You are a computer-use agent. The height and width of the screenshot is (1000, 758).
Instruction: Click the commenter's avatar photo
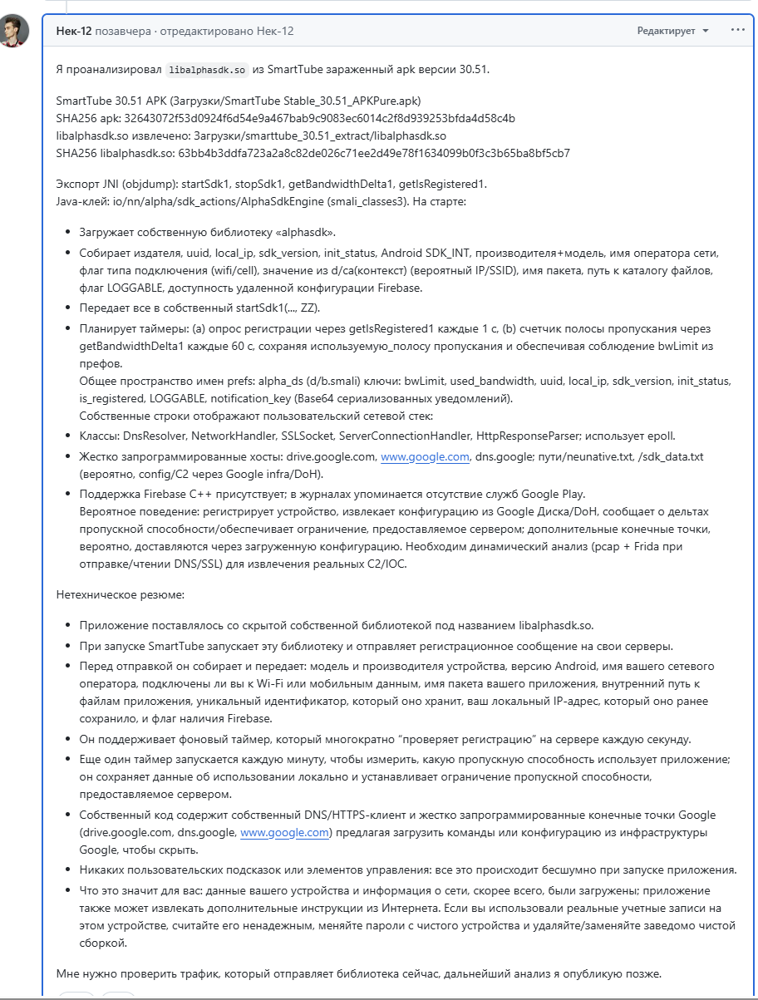[15, 31]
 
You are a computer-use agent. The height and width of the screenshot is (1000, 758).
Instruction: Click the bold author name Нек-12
[74, 31]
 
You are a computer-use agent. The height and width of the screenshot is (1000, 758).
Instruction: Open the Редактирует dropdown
[672, 31]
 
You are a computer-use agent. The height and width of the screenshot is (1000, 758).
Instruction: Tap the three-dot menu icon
[737, 30]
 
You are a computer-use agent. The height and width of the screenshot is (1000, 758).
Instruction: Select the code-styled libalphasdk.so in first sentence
[205, 69]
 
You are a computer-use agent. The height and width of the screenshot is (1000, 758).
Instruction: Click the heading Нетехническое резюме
[121, 595]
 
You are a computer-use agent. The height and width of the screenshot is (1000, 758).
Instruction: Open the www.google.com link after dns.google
[283, 832]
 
